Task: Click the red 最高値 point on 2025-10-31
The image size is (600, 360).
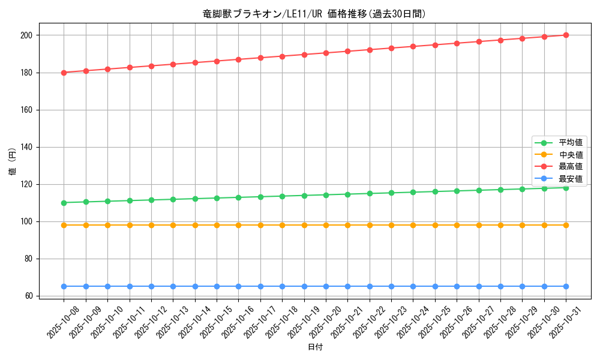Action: click(x=566, y=35)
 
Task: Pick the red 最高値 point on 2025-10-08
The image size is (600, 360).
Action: click(x=64, y=73)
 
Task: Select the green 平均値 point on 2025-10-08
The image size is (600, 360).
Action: click(x=64, y=203)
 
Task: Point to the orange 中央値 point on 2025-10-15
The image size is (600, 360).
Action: click(x=217, y=225)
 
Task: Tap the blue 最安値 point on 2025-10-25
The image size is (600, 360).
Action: click(x=435, y=286)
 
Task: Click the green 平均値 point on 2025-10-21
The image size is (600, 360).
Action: click(x=347, y=194)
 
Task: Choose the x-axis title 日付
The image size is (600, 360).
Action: click(x=315, y=347)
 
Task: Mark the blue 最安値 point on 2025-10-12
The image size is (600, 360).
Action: click(x=151, y=286)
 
